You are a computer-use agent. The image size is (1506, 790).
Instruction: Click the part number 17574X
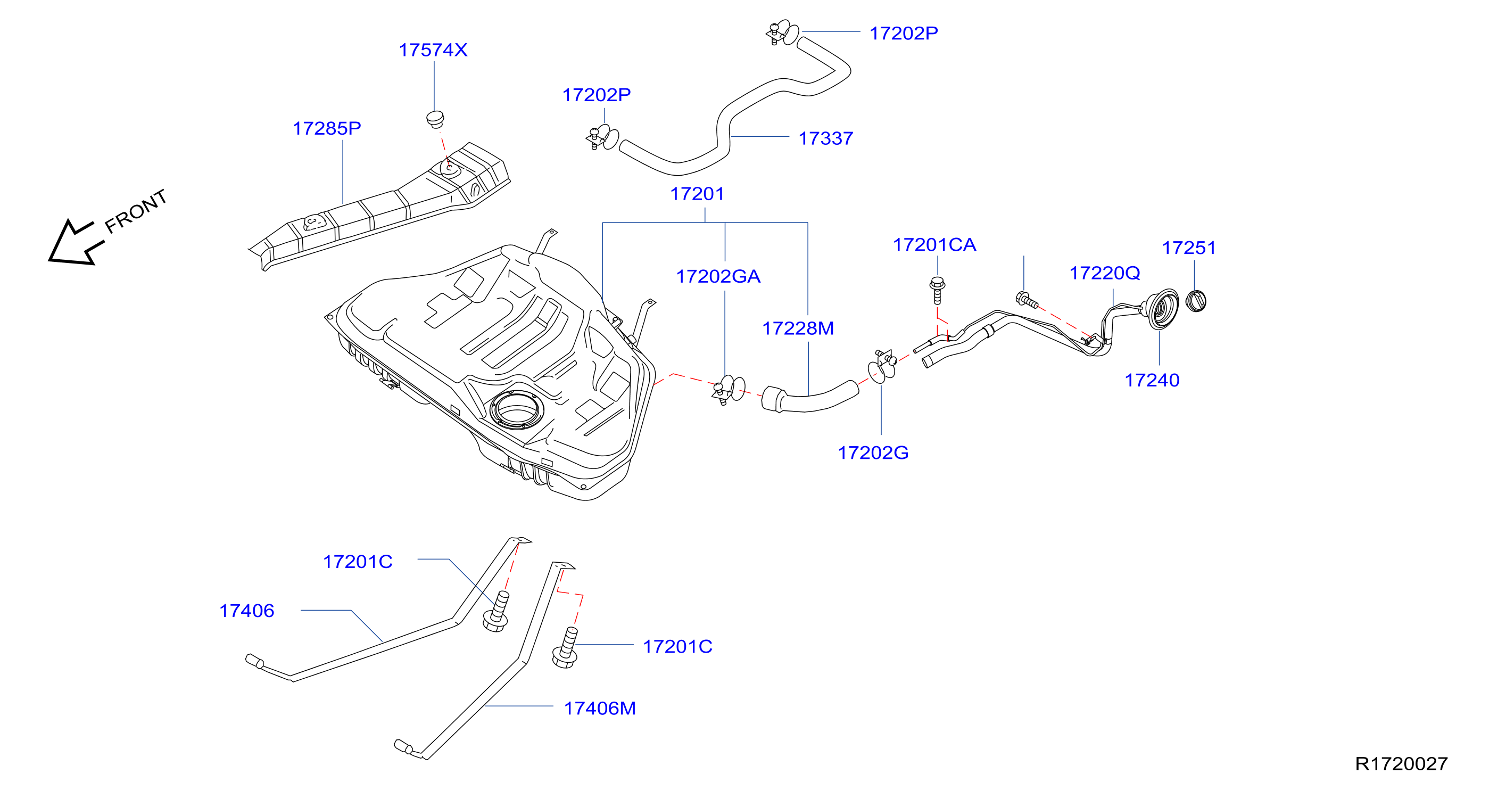tap(433, 50)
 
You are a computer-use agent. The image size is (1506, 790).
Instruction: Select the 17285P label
tap(327, 128)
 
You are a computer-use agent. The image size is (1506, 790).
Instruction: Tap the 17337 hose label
tap(825, 138)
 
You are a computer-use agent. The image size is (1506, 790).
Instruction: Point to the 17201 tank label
tap(697, 194)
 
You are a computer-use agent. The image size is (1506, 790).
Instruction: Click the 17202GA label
tap(718, 277)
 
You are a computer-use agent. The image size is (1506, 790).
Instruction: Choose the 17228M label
tap(797, 328)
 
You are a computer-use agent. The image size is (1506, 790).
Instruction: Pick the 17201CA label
tap(934, 245)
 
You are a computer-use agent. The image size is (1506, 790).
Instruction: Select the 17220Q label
tap(1104, 273)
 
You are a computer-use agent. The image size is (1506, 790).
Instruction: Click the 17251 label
tap(1188, 248)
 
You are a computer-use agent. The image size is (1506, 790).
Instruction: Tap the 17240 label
tap(1152, 381)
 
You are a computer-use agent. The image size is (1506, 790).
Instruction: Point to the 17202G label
tap(873, 453)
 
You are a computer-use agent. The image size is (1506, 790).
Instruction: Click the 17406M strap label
tap(599, 709)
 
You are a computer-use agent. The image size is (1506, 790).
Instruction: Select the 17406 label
tap(246, 611)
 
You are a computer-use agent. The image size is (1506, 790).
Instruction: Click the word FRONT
tap(136, 211)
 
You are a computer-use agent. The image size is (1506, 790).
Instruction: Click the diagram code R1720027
tap(1401, 764)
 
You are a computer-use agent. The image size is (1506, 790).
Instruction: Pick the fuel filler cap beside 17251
tap(1196, 301)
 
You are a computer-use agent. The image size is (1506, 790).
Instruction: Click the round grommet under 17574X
tap(435, 119)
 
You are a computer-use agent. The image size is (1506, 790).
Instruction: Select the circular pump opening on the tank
tap(516, 410)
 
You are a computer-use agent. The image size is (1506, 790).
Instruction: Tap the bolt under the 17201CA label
tap(937, 291)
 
